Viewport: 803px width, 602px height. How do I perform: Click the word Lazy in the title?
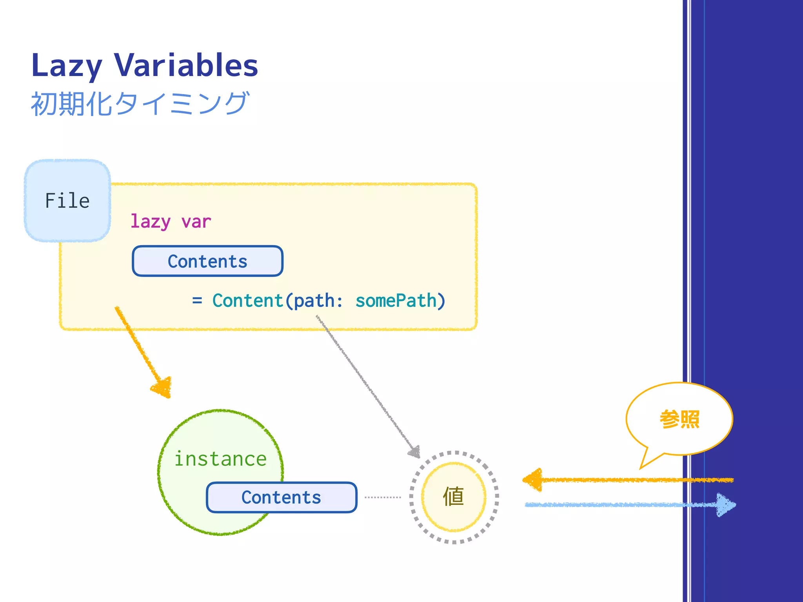coord(67,66)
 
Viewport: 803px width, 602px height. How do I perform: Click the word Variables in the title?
coord(186,65)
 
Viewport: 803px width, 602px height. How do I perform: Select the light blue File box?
coord(67,201)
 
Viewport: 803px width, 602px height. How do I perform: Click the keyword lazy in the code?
coord(151,222)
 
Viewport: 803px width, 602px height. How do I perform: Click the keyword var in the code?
coord(196,222)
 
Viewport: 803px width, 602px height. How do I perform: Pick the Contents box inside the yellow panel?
coord(207,261)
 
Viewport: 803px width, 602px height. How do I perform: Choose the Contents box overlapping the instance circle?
coord(281,497)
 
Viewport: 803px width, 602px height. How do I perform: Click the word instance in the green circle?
coord(220,459)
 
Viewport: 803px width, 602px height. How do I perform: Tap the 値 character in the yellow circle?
coord(454,497)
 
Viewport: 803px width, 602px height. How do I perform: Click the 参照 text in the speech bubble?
coord(679,419)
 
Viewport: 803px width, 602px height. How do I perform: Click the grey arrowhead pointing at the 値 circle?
coord(415,452)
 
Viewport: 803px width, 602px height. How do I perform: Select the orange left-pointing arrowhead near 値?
coord(533,480)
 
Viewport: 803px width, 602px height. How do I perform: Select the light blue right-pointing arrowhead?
coord(725,505)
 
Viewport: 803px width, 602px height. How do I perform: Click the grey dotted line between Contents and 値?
coord(383,497)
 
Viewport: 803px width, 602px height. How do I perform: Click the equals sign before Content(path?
coord(197,301)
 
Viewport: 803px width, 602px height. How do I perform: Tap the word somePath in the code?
coord(396,301)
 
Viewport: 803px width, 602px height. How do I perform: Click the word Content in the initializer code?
coord(248,301)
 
